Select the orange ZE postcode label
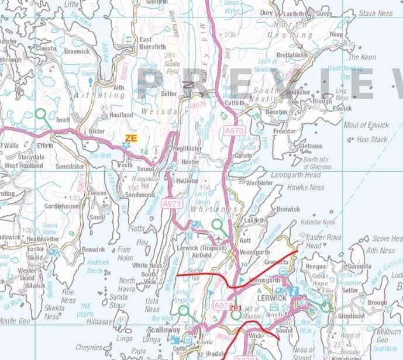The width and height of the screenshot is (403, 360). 130,138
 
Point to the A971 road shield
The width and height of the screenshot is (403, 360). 171,203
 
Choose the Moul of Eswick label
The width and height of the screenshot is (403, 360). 366,125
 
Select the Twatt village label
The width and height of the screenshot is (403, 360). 63,120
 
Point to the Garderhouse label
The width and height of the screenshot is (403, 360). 61,206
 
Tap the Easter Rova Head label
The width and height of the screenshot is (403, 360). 322,241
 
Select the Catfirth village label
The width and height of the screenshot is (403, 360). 235,103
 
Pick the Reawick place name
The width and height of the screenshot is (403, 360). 93,250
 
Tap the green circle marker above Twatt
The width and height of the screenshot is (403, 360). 41,114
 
